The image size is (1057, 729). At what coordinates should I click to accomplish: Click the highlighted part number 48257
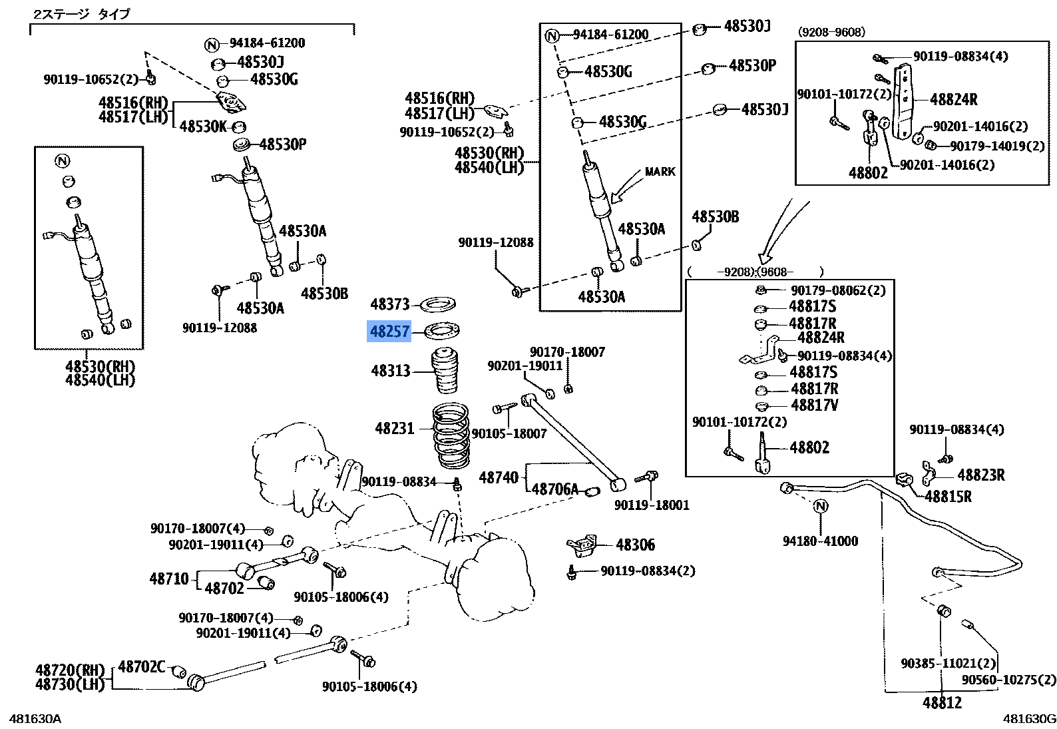click(389, 331)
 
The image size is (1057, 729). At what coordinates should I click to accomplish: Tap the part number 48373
click(390, 305)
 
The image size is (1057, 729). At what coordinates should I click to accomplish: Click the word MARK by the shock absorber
click(660, 172)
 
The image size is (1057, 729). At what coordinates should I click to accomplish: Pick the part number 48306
click(635, 545)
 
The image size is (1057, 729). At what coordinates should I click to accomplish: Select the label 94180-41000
click(820, 541)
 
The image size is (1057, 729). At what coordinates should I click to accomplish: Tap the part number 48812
click(942, 703)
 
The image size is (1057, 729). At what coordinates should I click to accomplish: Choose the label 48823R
click(980, 475)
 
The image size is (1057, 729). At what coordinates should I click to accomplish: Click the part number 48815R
click(948, 497)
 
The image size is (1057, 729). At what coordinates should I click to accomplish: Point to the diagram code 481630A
click(35, 718)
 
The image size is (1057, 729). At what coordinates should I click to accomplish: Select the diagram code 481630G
click(1030, 718)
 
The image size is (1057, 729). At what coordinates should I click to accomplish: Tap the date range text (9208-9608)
click(831, 32)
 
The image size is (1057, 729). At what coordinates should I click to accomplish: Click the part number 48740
click(499, 477)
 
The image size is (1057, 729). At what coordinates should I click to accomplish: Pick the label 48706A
click(555, 490)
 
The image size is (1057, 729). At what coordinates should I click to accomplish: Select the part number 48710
click(169, 579)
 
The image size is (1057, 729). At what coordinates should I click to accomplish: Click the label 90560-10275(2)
click(1008, 680)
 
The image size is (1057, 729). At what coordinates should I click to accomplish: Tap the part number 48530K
click(203, 126)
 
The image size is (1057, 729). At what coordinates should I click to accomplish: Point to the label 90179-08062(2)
click(838, 290)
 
